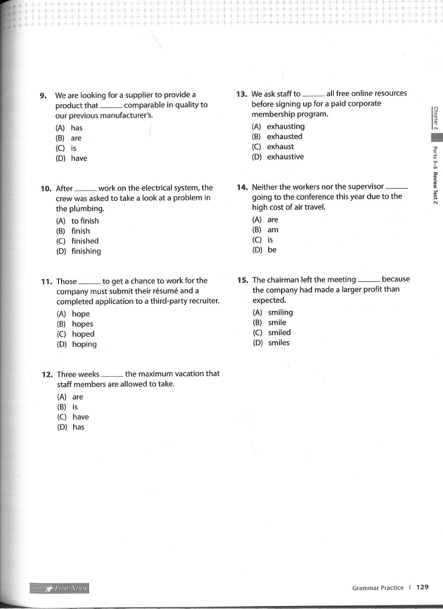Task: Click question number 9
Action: [42, 95]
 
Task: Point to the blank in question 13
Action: [313, 94]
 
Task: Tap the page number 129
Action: [422, 587]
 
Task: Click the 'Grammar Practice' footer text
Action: [377, 588]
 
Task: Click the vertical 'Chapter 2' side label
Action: [435, 118]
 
